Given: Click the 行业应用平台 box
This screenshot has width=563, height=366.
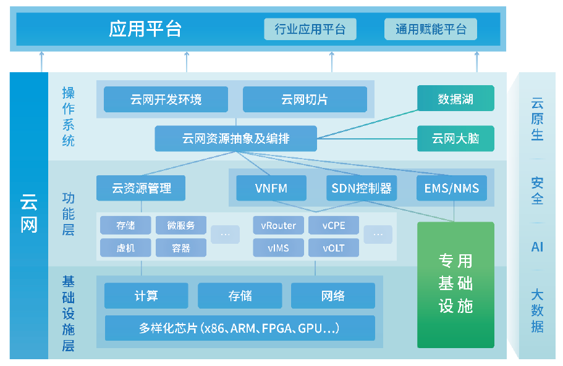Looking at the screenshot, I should pos(310,29).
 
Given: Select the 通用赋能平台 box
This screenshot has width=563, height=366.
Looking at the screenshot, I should pos(431,29).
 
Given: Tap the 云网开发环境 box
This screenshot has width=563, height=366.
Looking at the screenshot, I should pos(166,99).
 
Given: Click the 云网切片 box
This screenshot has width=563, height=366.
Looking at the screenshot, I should pos(305,99).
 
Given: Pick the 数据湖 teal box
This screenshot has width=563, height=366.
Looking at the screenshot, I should pos(455,98).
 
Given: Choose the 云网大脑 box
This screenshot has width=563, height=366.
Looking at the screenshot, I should pos(455,139).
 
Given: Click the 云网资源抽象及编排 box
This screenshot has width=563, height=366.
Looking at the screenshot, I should pos(235,138).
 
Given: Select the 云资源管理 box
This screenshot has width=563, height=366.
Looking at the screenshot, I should pos(141,188).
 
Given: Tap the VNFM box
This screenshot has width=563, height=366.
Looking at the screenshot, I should pos(271,188).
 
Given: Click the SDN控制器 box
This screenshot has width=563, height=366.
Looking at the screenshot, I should pos(362,188).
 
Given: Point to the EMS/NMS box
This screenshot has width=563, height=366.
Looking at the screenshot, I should pos(452,188).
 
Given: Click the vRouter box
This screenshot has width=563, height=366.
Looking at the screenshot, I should pos(278,225).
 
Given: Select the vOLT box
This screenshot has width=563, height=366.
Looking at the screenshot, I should pos(333,248).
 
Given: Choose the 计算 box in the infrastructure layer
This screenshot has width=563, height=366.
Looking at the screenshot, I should pos(146,296).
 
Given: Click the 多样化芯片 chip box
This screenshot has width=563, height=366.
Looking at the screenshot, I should pos(239,328).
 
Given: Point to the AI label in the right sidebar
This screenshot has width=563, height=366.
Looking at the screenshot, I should pos(537,247).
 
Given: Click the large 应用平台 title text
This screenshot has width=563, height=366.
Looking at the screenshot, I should pos(145,29).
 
